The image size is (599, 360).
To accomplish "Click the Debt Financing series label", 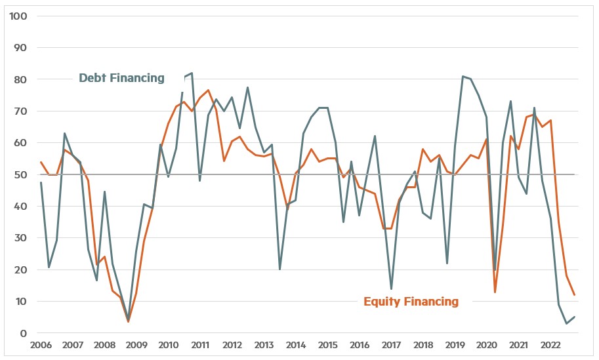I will tap(121, 78).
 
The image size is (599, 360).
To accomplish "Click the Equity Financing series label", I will tap(411, 301).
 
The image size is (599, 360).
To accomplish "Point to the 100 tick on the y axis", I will tap(17, 16).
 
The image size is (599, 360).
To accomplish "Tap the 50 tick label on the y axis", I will tap(20, 174).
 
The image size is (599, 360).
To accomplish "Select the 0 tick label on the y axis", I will tap(22, 333).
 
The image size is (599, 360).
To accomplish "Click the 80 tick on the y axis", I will tap(20, 79).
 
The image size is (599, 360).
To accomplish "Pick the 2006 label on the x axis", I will tap(41, 346).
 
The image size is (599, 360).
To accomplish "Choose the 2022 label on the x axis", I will tap(550, 346).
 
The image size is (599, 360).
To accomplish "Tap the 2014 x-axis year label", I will tap(295, 346).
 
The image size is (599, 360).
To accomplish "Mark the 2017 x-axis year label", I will tap(391, 346).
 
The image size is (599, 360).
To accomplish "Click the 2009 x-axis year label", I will tap(136, 346).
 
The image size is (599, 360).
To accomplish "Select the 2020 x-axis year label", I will tap(486, 346).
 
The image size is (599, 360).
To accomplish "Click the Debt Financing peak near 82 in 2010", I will tap(192, 73).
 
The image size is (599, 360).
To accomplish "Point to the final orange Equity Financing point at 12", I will tap(575, 295).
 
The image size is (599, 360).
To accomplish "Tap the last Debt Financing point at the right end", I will tap(575, 317).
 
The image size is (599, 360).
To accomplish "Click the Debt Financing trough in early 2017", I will tap(391, 289).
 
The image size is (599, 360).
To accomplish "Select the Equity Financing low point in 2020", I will tap(495, 292).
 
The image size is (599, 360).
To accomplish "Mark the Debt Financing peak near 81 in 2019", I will tap(463, 76).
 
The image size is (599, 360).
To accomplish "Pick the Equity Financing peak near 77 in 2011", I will tap(208, 90).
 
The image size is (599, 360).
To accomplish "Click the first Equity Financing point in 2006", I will tap(41, 162).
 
